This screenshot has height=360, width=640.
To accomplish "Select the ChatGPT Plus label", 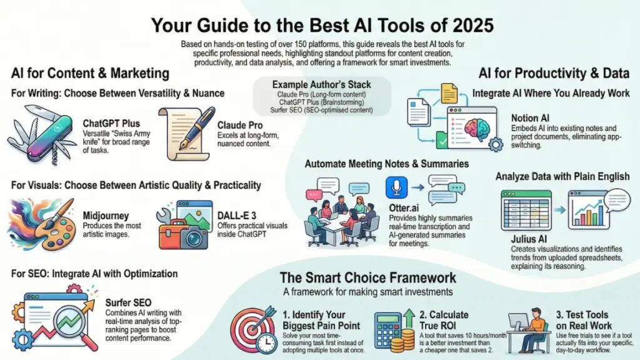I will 111,124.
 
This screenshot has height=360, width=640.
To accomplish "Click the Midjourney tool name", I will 106,216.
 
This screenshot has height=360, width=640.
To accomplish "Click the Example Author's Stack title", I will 321,84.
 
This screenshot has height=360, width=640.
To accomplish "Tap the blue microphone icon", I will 397,188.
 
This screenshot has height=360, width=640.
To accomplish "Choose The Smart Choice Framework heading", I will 367,277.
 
